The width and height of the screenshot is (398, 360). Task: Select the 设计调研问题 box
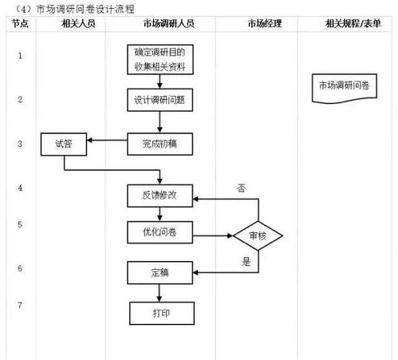click(160, 101)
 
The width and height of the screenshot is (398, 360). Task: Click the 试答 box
click(64, 144)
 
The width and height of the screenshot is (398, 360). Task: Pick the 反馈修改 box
click(160, 194)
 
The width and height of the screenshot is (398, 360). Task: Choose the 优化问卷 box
click(160, 231)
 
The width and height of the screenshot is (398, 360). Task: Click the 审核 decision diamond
click(258, 236)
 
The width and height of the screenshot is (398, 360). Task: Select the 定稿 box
click(160, 272)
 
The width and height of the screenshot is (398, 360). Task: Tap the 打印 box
click(160, 312)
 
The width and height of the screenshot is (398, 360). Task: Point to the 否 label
click(241, 188)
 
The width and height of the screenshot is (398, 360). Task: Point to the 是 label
click(246, 261)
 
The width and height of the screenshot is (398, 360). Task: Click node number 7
click(19, 305)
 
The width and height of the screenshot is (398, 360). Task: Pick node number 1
click(19, 56)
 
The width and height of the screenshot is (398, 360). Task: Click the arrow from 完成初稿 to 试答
click(108, 142)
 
